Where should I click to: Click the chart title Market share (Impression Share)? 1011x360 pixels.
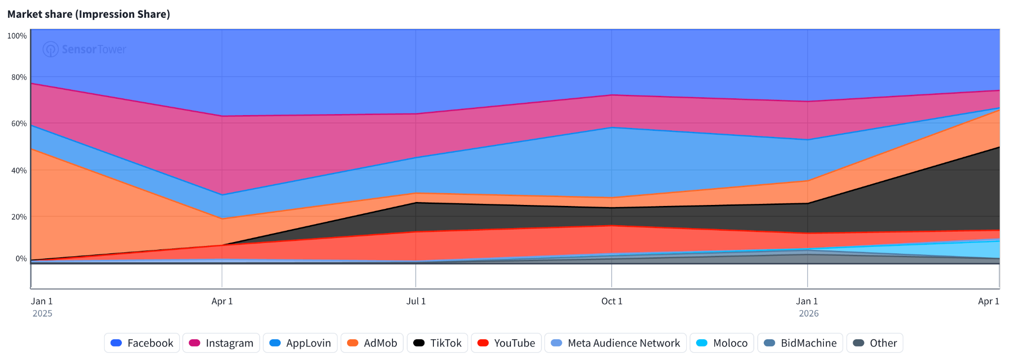click(89, 14)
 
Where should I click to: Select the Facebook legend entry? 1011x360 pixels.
click(142, 343)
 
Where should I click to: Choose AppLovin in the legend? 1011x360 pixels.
click(300, 343)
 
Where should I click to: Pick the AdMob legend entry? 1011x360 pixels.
click(372, 343)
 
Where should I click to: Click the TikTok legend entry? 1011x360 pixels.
click(437, 343)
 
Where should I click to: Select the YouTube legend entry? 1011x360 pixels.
click(506, 343)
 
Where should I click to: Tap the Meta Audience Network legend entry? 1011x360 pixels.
click(616, 343)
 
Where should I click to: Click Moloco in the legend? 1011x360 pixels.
click(722, 343)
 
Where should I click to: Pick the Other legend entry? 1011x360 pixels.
click(875, 343)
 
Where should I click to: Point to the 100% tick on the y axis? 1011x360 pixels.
click(17, 36)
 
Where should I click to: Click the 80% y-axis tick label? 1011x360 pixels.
click(19, 77)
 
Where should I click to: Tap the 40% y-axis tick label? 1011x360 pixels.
click(19, 170)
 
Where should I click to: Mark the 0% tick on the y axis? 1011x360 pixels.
click(21, 258)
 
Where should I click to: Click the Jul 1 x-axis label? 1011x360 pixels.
click(416, 301)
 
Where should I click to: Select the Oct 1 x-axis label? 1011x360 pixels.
click(612, 301)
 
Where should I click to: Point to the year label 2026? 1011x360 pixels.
click(809, 314)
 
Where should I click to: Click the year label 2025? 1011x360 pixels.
click(42, 314)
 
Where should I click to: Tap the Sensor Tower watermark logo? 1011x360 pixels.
click(84, 49)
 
